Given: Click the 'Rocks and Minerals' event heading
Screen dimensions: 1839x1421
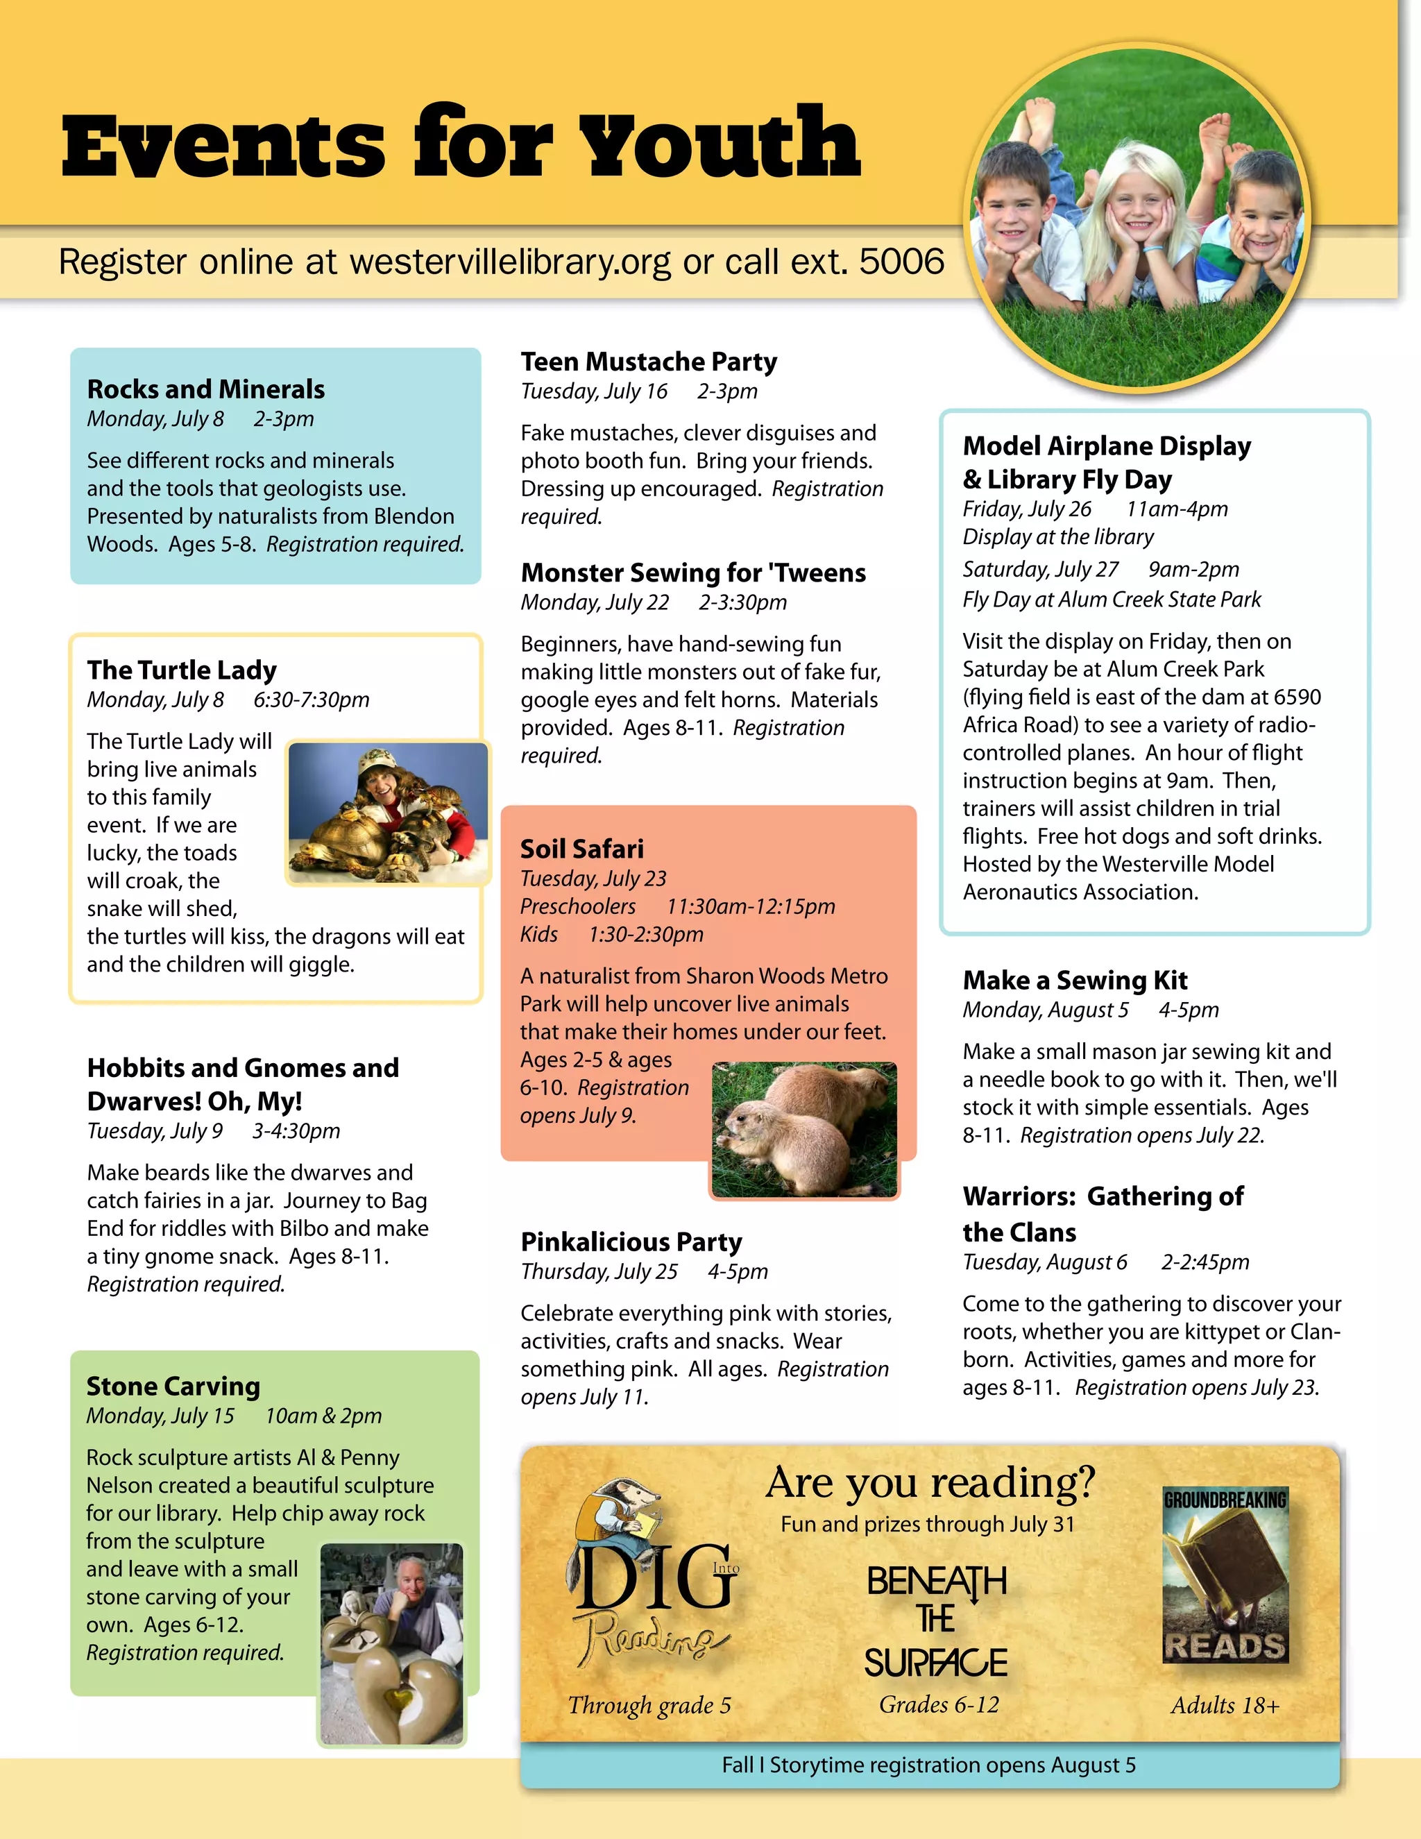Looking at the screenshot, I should click(205, 389).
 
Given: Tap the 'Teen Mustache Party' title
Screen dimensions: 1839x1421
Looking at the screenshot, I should click(648, 362).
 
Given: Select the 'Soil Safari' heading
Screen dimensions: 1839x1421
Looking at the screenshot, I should click(581, 849).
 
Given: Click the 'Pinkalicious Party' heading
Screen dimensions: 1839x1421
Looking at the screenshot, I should click(631, 1242).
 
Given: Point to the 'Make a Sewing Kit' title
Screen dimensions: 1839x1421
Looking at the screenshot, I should click(1075, 980).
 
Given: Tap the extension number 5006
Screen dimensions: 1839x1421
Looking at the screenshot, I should click(901, 262).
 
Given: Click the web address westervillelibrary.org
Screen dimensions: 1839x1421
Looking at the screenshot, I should click(510, 262).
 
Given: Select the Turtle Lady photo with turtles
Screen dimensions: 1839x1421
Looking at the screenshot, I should click(388, 813).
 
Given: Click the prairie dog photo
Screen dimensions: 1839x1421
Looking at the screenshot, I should click(804, 1128).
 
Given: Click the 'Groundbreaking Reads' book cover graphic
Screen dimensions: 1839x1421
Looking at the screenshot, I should click(1225, 1575).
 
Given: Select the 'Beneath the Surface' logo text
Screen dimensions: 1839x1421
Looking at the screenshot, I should click(936, 1621).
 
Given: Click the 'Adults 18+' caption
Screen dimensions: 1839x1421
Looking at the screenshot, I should click(1225, 1706).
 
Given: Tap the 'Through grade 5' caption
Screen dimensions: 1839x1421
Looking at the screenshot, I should click(649, 1706).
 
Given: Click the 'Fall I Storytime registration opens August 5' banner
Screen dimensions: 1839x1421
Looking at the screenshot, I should click(928, 1765).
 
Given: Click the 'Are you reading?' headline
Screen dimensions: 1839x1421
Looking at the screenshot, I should click(930, 1483).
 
